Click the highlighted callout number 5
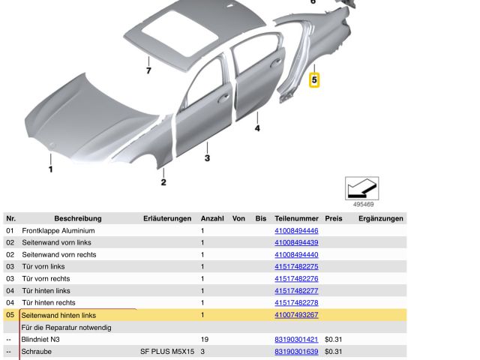click(315, 78)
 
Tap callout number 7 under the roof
click(148, 71)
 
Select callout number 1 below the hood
click(51, 169)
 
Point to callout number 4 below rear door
click(256, 128)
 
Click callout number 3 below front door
click(207, 158)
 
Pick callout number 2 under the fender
click(163, 181)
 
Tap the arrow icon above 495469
click(361, 187)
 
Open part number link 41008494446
click(296, 231)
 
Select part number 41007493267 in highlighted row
click(296, 315)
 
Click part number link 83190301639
click(296, 351)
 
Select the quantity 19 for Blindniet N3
click(205, 339)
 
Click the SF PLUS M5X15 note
click(166, 351)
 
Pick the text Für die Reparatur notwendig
click(67, 327)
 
